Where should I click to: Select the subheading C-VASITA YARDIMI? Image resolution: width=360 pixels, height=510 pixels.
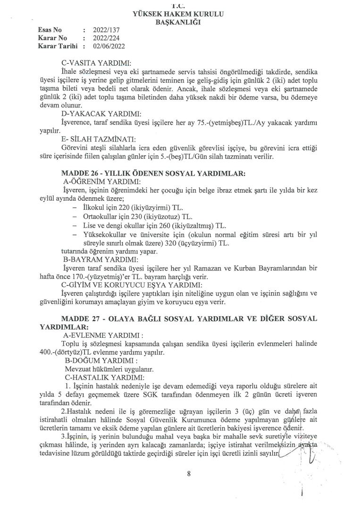(96, 63)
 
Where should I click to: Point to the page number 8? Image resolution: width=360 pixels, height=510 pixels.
(188, 476)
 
